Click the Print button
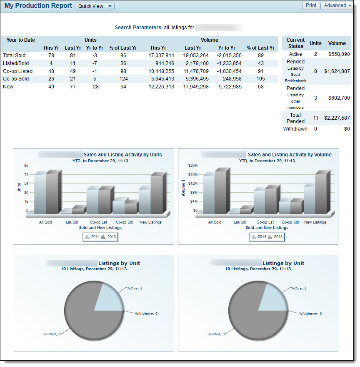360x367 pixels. click(311, 6)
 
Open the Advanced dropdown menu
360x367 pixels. click(337, 6)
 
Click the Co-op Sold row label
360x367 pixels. click(15, 79)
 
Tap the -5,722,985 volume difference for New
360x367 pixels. click(229, 87)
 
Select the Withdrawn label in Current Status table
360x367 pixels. click(295, 129)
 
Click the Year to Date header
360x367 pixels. click(21, 40)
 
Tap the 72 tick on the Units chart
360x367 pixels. click(26, 174)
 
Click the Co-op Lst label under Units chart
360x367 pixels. click(98, 222)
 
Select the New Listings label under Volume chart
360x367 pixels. click(315, 222)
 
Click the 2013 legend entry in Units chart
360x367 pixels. click(109, 237)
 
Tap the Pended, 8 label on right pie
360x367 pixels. click(215, 334)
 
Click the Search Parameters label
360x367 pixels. click(138, 28)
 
